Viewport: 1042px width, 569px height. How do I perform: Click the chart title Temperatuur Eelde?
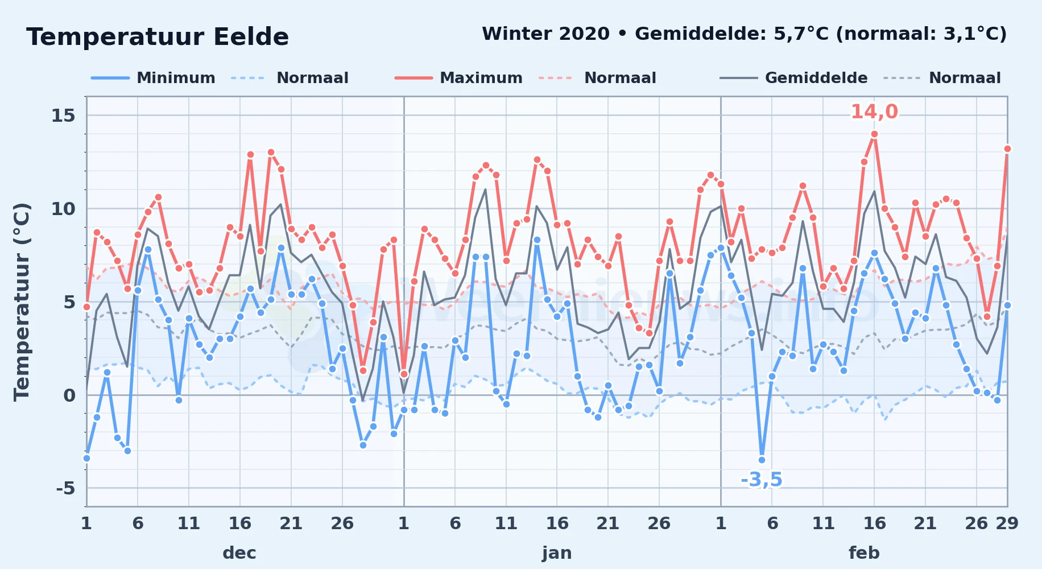click(158, 37)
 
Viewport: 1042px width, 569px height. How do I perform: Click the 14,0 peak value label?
click(874, 112)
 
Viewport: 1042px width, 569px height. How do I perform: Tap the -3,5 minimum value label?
click(762, 480)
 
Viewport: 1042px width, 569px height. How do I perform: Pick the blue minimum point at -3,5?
click(762, 460)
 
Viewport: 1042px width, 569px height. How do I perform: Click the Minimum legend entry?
click(154, 78)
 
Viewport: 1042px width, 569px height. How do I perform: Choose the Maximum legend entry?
click(458, 78)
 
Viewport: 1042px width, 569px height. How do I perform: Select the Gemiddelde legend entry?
click(793, 78)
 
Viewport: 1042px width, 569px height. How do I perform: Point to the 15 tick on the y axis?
click(63, 116)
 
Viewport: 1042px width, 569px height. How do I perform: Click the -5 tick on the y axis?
click(65, 488)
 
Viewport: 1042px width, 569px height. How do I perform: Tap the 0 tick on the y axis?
click(69, 395)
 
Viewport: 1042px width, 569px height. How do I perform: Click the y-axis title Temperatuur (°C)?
click(22, 302)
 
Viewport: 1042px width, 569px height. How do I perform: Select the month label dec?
click(239, 552)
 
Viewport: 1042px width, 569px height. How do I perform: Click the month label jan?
click(557, 552)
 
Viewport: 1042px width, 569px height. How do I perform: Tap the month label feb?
click(864, 552)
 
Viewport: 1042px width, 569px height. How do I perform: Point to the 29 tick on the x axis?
click(1007, 523)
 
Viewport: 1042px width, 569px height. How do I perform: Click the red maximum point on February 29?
click(1007, 149)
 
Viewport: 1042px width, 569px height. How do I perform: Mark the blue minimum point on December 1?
click(86, 458)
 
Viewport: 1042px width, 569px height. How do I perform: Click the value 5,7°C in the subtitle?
click(801, 34)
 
